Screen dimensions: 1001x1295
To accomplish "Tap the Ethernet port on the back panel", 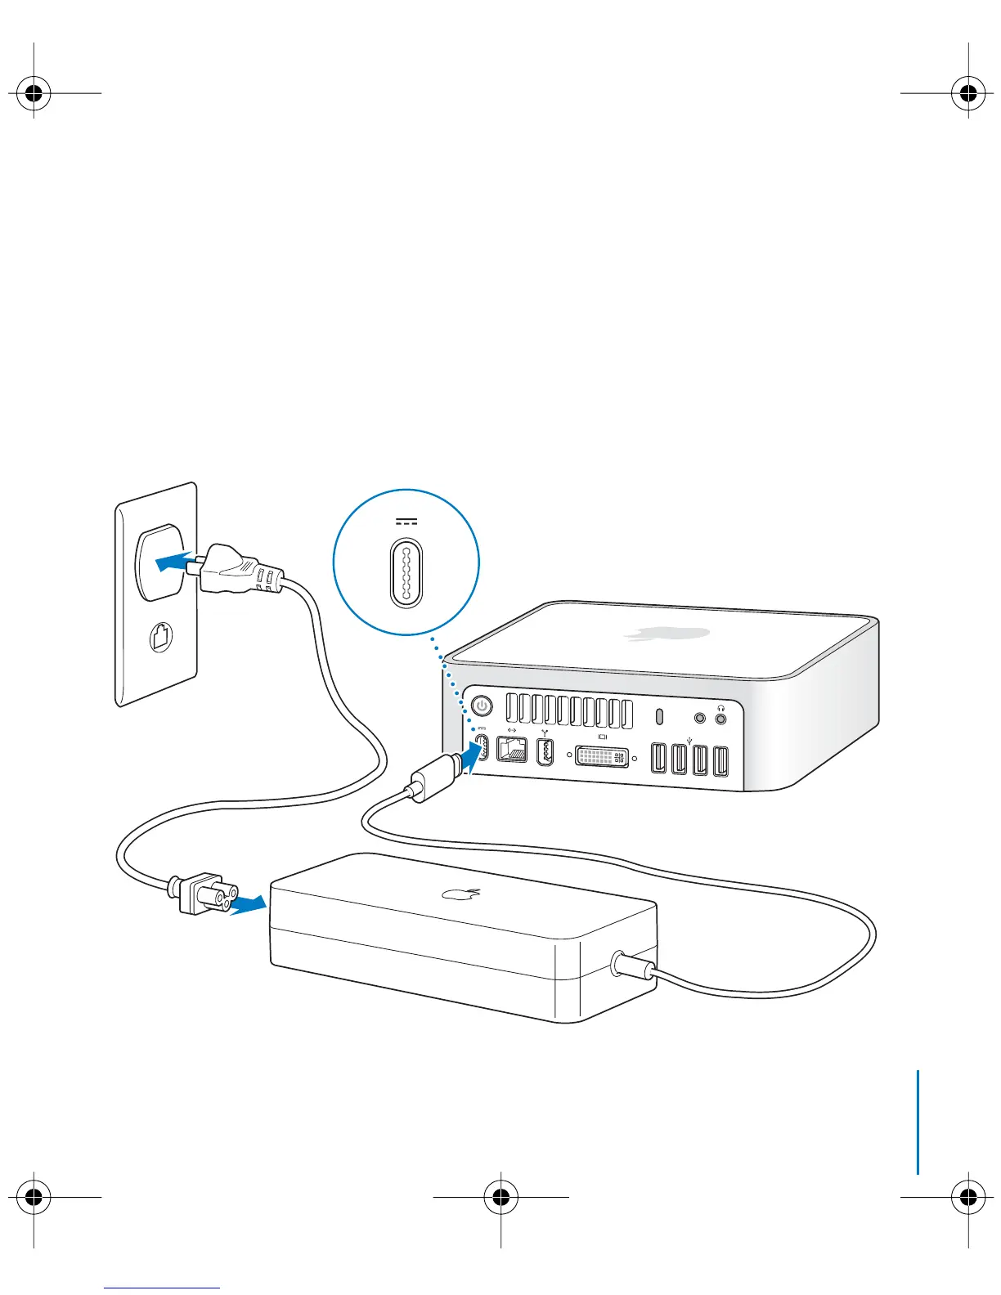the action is [512, 749].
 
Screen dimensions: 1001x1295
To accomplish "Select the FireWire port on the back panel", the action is [545, 752].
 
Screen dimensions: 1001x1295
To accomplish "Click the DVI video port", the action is [603, 756].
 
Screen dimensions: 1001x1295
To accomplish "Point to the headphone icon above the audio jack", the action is [720, 708].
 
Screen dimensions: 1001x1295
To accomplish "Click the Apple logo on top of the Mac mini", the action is [667, 633].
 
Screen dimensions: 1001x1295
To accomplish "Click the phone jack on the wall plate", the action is [162, 637].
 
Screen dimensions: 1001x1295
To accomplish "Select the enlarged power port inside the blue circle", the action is [406, 573].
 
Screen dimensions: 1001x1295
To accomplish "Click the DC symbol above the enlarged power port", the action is [406, 522].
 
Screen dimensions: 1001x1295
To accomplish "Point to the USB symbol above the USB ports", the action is [690, 741].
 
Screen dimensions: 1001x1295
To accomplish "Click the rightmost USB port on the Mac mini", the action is [720, 761].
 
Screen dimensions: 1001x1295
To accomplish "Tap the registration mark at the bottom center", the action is [500, 1198].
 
